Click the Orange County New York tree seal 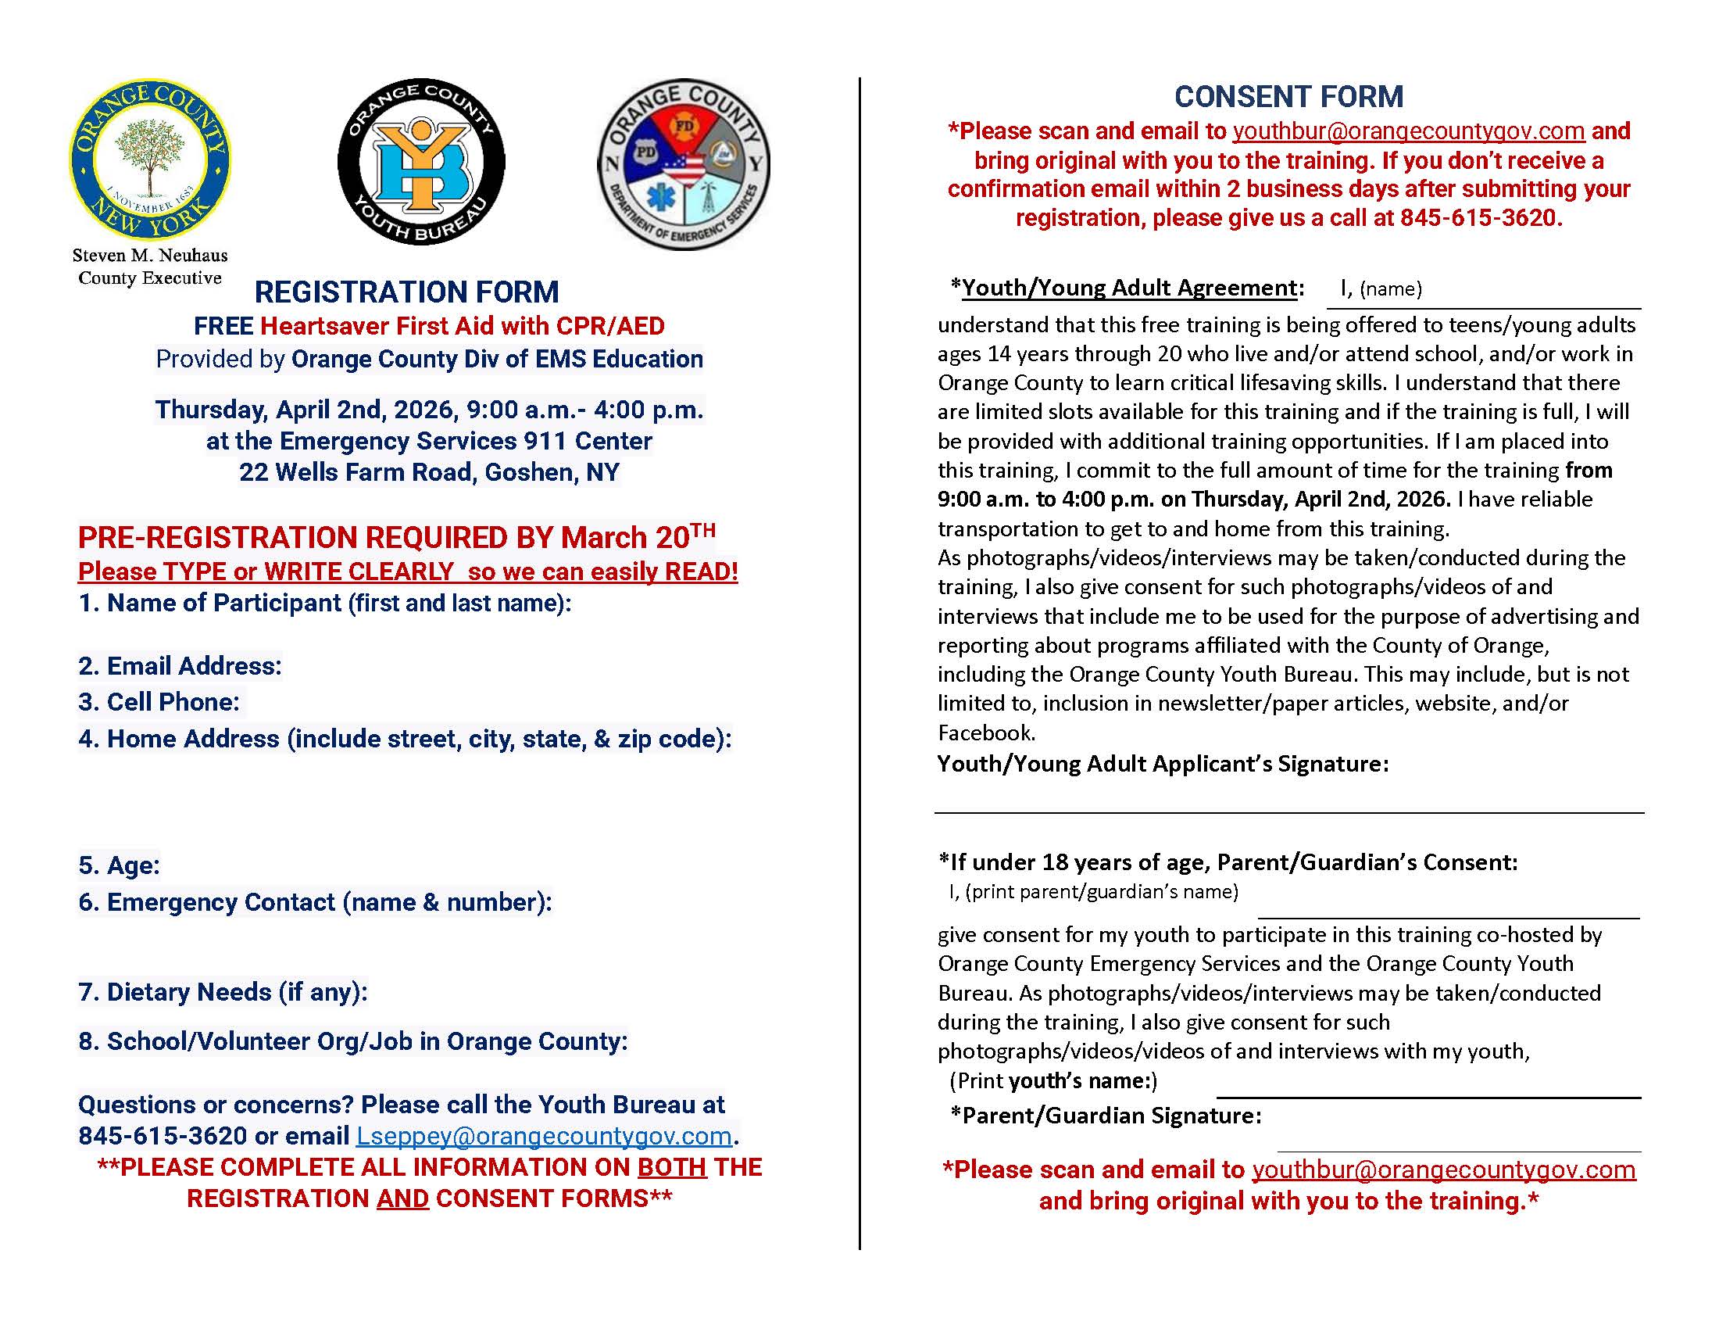click(x=149, y=159)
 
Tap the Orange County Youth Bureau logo click(x=421, y=161)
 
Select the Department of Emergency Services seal click(x=683, y=163)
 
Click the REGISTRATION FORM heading click(x=406, y=292)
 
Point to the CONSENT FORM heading click(x=1288, y=97)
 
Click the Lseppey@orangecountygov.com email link click(x=544, y=1136)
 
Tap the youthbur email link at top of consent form click(x=1408, y=131)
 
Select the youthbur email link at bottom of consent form click(x=1443, y=1170)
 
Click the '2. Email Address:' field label click(x=180, y=666)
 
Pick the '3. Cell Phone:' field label click(x=159, y=702)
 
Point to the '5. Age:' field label click(x=119, y=865)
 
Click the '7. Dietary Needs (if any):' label click(x=223, y=992)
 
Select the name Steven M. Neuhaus click(x=149, y=256)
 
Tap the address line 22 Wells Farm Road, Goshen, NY click(x=429, y=472)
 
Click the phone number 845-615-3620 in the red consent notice click(x=1480, y=218)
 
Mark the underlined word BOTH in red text click(x=671, y=1167)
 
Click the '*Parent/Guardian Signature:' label click(x=1105, y=1116)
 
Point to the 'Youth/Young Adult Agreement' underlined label click(x=1129, y=288)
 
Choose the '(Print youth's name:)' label click(x=1053, y=1081)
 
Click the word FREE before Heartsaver click(x=223, y=326)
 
